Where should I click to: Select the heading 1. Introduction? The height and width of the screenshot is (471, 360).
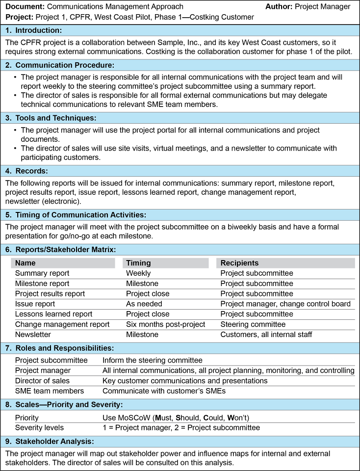[x=34, y=30]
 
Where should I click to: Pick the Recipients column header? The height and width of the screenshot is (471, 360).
[x=239, y=263]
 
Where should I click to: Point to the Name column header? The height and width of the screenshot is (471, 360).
[x=26, y=263]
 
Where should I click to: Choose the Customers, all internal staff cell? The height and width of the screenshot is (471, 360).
[x=266, y=335]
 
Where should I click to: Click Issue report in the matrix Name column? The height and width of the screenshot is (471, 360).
[x=35, y=304]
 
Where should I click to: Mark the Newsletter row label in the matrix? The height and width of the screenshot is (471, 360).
[x=33, y=335]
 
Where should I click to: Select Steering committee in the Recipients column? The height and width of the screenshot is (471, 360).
[x=253, y=324]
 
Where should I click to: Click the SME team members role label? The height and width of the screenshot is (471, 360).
[x=49, y=391]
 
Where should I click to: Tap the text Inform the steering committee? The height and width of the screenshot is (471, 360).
[x=152, y=360]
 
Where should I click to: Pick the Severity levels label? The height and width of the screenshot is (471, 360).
[x=39, y=427]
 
